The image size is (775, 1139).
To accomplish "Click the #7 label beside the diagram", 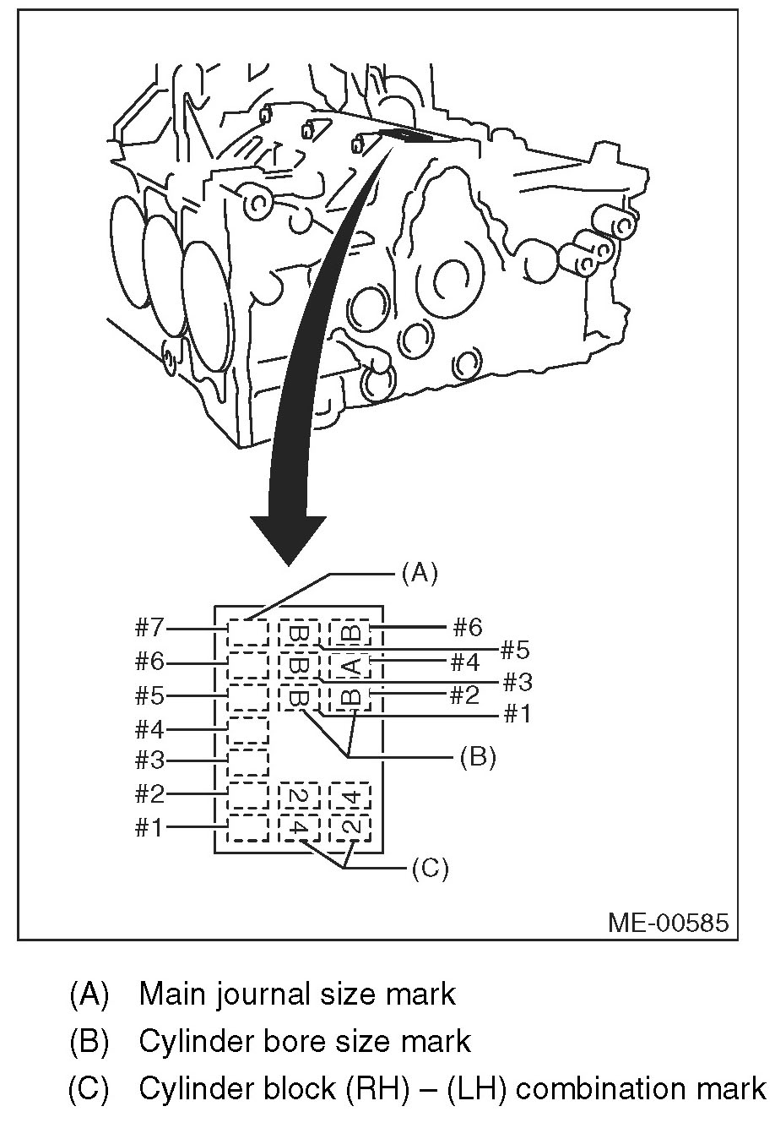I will pos(150,628).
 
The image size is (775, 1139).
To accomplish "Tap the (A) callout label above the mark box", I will pos(420,574).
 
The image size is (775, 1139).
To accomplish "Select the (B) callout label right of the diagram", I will pos(477,757).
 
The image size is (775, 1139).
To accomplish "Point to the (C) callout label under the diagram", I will pos(429,869).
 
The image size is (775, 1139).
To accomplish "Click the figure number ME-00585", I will pos(668,921).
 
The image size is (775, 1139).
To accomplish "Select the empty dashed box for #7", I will pos(247,632).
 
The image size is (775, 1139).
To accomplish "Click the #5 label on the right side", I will pos(515,651).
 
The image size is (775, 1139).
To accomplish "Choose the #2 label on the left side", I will pos(150,794).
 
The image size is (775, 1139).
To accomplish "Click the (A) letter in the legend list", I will pos(89,994).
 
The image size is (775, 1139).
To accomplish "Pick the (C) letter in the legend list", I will pos(89,1088).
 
